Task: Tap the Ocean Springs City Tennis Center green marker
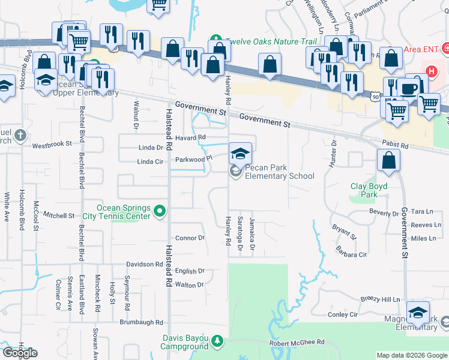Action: click(x=159, y=211)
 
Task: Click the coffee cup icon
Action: click(x=409, y=88)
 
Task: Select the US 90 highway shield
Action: click(x=375, y=95)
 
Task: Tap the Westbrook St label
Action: click(x=52, y=145)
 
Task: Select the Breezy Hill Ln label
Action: click(x=380, y=299)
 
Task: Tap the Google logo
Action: click(x=20, y=353)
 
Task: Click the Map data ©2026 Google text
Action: click(x=411, y=355)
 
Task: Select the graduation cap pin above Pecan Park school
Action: click(x=240, y=153)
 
